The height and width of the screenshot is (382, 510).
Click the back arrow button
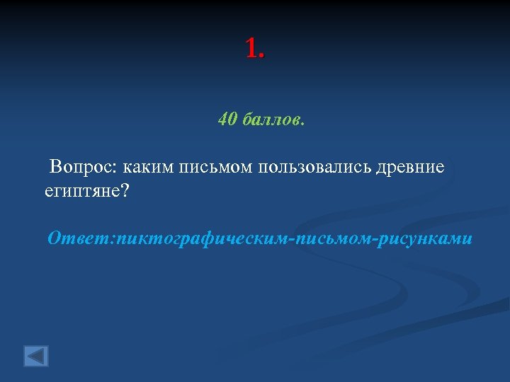click(36, 355)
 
